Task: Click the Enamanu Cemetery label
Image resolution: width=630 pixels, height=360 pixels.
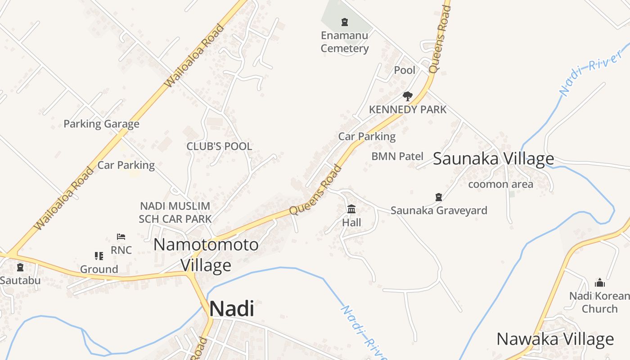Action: pos(345,42)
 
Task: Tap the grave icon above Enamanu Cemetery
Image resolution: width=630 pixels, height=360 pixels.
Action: pos(345,22)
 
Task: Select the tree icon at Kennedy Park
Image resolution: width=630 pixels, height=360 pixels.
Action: pos(408,96)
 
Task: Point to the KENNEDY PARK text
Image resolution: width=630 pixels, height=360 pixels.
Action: pos(408,109)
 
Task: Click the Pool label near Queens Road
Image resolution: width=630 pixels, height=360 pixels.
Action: pos(405,70)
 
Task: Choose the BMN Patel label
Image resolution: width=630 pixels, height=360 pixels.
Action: pos(397,156)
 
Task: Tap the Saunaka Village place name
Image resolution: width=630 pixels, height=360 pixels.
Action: pos(493,158)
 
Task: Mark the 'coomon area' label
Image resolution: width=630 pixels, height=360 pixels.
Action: pos(500,184)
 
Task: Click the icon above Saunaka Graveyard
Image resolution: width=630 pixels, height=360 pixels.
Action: pos(439,197)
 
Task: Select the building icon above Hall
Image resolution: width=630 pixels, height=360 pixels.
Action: pos(351,209)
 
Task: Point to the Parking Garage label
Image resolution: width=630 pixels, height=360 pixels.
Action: pos(101,124)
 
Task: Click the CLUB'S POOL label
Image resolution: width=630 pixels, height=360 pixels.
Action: pos(219,146)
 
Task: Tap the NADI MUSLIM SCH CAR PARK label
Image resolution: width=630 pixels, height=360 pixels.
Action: pos(175,212)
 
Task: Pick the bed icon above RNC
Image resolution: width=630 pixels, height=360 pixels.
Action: pos(121,237)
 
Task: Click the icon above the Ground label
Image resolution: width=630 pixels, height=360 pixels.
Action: pos(99,256)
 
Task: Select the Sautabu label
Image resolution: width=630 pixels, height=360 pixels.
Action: pos(20,280)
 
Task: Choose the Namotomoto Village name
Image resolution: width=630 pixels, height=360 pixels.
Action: pos(206,255)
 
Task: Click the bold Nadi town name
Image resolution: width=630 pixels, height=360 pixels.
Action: pos(232,309)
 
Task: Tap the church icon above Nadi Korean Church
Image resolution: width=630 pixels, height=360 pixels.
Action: pos(599,283)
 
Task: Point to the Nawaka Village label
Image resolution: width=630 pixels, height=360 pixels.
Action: pos(555,339)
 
